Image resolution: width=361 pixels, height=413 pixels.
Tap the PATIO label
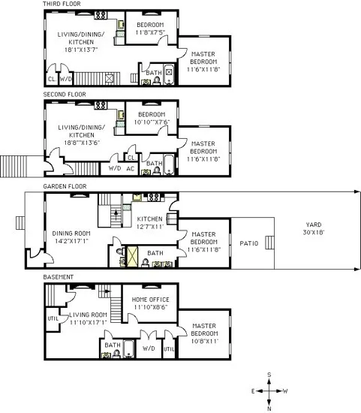pyautogui.click(x=250, y=243)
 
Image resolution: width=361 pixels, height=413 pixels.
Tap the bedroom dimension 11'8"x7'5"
pyautogui.click(x=151, y=32)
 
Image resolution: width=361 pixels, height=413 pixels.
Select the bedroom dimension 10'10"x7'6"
pyautogui.click(x=151, y=122)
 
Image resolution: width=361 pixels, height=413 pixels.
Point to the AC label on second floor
pyautogui.click(x=130, y=168)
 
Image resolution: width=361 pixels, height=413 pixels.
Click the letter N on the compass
pyautogui.click(x=269, y=408)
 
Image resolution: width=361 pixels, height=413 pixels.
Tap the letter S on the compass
pyautogui.click(x=269, y=375)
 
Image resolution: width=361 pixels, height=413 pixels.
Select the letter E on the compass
pyautogui.click(x=253, y=391)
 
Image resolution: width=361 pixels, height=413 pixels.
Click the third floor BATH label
pyautogui.click(x=153, y=73)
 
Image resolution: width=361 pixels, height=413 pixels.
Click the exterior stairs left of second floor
pyautogui.click(x=13, y=164)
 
